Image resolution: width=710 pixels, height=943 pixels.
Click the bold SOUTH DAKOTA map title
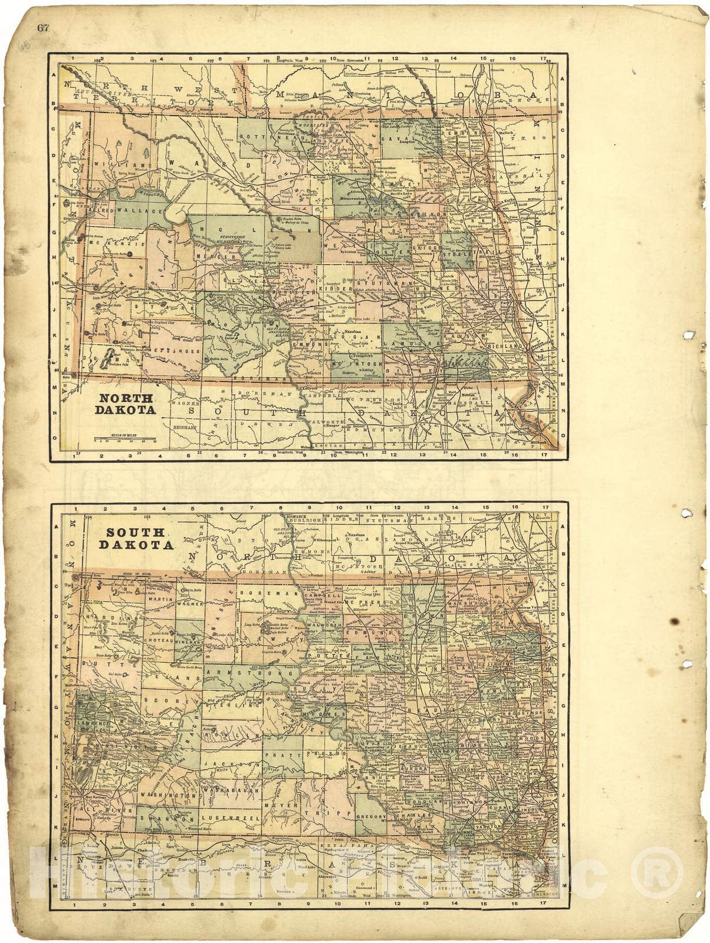(x=139, y=538)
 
